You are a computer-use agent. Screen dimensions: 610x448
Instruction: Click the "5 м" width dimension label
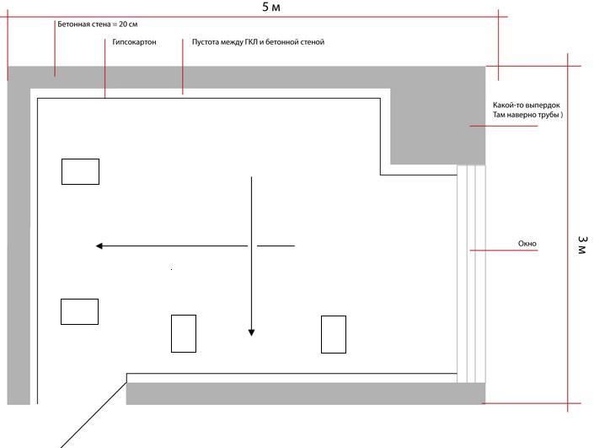271,7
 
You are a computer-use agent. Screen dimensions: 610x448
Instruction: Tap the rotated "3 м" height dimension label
582,245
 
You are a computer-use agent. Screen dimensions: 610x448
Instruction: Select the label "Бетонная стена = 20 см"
97,24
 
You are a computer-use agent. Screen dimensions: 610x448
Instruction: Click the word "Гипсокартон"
134,42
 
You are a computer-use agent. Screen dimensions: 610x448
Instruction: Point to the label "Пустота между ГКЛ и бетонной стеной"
258,42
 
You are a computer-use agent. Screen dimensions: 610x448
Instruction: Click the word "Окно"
527,244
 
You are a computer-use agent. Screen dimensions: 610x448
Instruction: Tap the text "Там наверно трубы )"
527,115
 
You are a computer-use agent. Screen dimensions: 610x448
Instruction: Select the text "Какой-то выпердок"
527,105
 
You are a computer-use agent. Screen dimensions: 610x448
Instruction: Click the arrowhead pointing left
99,246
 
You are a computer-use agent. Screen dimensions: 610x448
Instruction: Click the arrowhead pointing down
251,332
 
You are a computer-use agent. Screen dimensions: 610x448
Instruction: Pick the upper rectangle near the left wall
81,171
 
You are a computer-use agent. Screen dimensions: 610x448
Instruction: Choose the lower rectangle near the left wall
80,311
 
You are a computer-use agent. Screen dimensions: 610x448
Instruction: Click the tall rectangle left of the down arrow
184,334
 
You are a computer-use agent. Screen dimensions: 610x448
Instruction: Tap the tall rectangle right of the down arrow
334,335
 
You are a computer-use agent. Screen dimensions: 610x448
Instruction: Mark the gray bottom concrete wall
306,393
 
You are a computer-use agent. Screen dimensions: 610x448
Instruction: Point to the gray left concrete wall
19,241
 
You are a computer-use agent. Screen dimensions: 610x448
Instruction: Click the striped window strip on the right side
471,274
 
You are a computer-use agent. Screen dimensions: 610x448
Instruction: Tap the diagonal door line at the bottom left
94,415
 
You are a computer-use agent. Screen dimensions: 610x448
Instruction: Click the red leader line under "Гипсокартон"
105,68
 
